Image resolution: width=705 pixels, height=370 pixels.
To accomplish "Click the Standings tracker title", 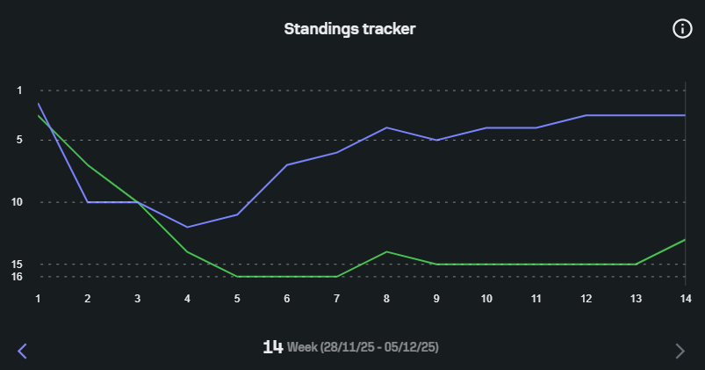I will point(349,29).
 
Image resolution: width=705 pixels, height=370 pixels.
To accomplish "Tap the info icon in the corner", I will point(682,29).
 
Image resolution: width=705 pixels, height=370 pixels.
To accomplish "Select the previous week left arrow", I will point(23,352).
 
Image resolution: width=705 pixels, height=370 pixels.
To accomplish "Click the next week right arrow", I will point(680,352).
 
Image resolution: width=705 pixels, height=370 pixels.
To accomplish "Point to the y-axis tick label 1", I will point(20,91).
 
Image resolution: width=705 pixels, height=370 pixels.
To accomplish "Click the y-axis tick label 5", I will point(20,141).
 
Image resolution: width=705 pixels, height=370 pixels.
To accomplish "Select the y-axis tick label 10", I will point(18,202).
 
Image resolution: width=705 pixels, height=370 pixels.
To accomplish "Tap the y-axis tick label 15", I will point(18,265).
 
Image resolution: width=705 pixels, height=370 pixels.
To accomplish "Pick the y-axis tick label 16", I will point(18,277).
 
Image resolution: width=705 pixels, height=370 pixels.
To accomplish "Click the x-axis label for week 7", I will point(337,299).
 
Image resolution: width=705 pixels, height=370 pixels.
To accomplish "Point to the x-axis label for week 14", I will point(686,299).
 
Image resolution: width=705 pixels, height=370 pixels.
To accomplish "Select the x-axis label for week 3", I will point(138,299).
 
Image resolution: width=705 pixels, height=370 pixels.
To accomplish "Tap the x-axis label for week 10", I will point(486,299).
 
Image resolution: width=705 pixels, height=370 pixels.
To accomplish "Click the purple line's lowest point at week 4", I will point(187,227).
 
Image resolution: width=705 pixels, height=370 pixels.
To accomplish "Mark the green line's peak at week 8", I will point(386,251).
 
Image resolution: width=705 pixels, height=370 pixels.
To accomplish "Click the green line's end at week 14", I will point(684,240).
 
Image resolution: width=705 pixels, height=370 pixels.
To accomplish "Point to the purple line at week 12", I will point(586,115).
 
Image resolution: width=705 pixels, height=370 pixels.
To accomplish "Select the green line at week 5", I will point(237,276).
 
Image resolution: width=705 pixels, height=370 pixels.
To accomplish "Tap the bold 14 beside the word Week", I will point(272,347).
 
